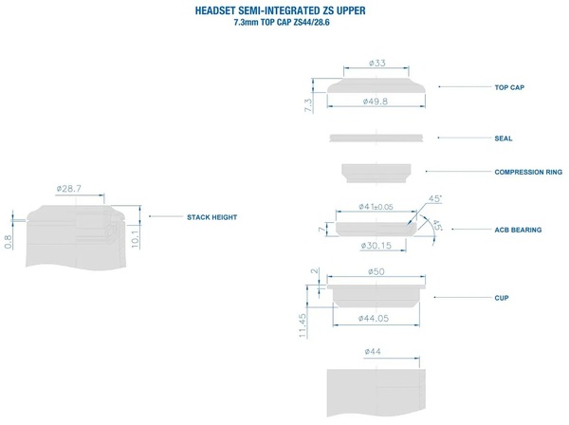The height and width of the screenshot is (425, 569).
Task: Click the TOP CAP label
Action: [509, 87]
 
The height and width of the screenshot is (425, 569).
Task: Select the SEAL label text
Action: [504, 139]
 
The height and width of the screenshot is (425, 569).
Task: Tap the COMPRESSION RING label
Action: [528, 172]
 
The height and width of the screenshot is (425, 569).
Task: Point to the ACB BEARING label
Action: [518, 230]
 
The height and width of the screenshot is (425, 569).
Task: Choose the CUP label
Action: [502, 298]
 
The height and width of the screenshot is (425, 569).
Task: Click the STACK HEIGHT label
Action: [211, 217]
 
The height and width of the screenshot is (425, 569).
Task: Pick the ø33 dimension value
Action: [377, 63]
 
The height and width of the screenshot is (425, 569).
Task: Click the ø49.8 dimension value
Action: [376, 102]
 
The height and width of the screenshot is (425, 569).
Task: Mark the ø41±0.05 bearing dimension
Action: [376, 207]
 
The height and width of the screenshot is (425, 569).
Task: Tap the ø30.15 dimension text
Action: [376, 246]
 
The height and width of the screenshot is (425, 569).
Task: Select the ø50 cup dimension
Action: [376, 271]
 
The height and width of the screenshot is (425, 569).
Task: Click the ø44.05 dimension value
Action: [374, 319]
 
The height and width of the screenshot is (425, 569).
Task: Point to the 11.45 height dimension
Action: [303, 325]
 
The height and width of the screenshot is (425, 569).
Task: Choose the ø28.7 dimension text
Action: [69, 189]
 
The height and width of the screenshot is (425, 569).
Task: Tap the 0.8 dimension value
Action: [8, 242]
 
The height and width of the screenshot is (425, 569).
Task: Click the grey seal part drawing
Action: [376, 138]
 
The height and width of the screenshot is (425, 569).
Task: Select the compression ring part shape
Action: [376, 173]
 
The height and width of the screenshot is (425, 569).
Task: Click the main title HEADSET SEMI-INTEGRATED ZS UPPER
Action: [280, 10]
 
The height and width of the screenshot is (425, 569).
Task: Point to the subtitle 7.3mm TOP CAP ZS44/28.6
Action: [282, 23]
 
